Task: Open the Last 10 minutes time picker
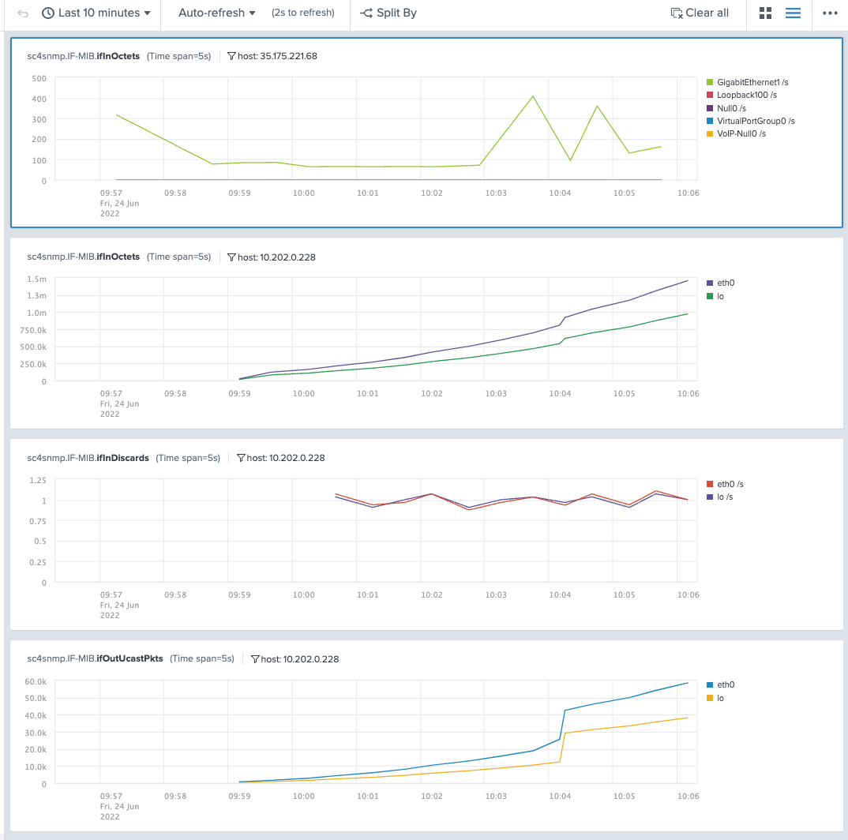coord(96,13)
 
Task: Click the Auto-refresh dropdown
coord(216,13)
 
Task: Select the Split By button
coord(388,13)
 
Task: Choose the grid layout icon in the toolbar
coord(765,13)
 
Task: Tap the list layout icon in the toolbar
coord(794,13)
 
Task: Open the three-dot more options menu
coord(829,13)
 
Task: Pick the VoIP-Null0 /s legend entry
coord(741,134)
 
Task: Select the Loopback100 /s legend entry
coord(746,95)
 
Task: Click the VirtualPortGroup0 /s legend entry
coord(755,121)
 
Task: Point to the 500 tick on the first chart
coord(39,78)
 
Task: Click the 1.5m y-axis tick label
coord(36,279)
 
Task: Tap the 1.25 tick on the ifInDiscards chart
coord(36,480)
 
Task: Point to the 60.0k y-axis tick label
coord(35,681)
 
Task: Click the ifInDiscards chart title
coord(88,458)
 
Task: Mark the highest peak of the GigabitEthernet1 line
coord(533,96)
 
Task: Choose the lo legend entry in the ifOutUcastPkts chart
coord(720,698)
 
